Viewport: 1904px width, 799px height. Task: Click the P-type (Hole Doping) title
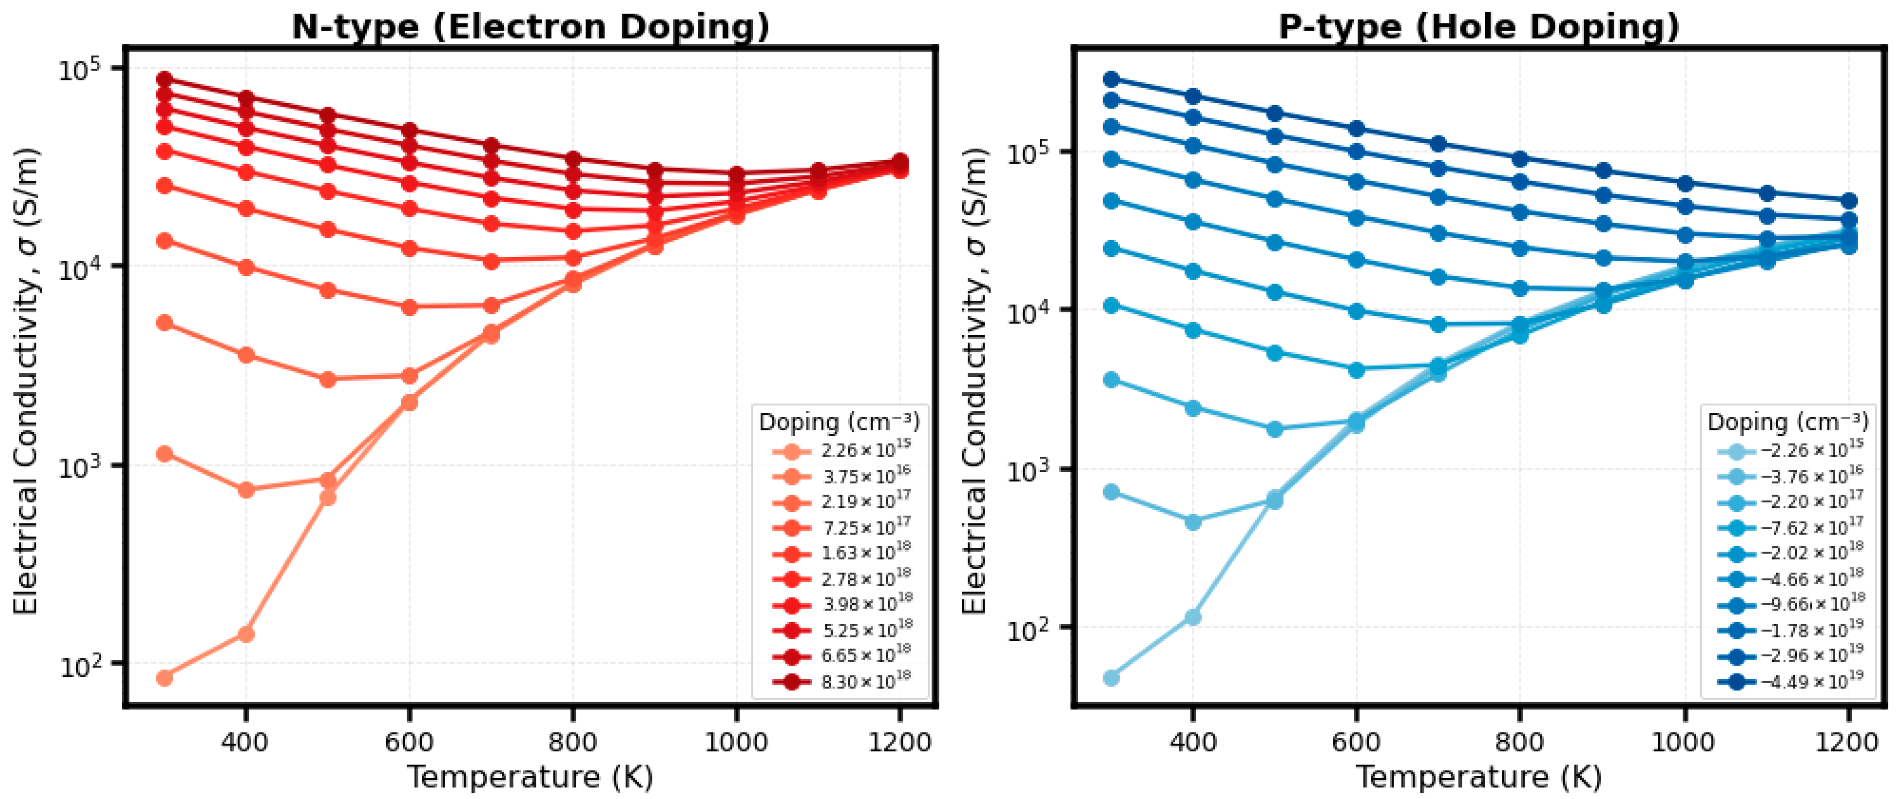coord(1479,27)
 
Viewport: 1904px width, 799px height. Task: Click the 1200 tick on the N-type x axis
coord(899,742)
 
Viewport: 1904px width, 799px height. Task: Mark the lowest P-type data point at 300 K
coord(1111,677)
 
